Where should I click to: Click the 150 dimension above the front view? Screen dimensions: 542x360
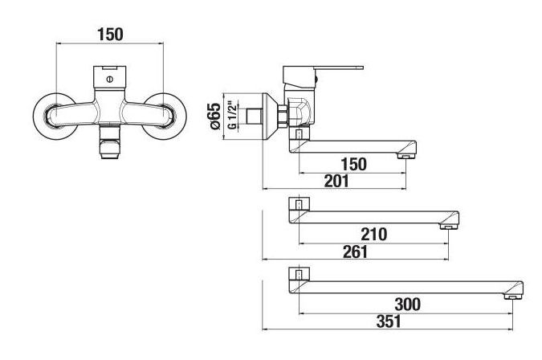point(110,35)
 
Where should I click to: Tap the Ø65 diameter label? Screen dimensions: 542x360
point(214,117)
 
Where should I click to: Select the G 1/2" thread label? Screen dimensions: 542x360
point(234,115)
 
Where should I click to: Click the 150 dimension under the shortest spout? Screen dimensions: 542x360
point(353,164)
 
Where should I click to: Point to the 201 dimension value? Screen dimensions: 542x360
point(336,181)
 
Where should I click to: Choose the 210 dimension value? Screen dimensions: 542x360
point(374,235)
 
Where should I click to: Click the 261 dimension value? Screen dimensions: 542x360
point(356,252)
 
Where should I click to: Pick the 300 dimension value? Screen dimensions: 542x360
point(408,305)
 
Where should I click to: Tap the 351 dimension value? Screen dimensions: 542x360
point(389,321)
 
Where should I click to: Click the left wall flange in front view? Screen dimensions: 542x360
point(39,117)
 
